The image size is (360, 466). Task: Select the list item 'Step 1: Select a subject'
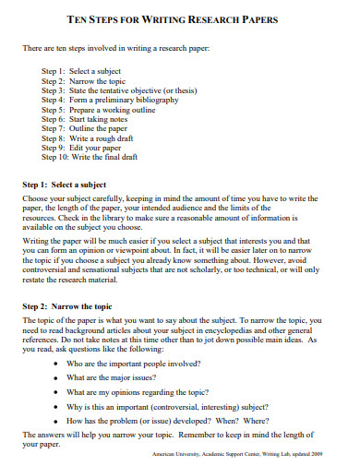point(81,71)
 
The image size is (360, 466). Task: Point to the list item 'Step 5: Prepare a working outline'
point(99,112)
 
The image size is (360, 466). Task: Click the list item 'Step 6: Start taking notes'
point(87,122)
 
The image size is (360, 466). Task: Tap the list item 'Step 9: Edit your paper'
point(82,152)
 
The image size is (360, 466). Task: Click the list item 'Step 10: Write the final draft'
point(92,162)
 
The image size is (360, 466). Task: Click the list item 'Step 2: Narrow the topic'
point(83,81)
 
